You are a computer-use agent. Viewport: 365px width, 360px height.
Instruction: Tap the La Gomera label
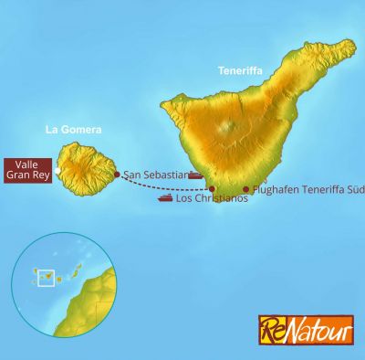tap(72, 130)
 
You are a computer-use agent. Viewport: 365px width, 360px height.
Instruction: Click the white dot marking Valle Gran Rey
tap(57, 171)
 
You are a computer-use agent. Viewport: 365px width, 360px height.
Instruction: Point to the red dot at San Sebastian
tap(117, 174)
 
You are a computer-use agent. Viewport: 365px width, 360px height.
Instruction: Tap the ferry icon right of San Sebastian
tap(195, 174)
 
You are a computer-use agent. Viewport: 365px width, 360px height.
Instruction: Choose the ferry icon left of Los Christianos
tap(165, 197)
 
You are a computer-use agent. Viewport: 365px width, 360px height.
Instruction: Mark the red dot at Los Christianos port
tap(213, 189)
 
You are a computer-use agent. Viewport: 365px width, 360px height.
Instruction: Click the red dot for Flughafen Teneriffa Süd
tap(245, 190)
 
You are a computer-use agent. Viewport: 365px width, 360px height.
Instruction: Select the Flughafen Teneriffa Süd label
tap(308, 190)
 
